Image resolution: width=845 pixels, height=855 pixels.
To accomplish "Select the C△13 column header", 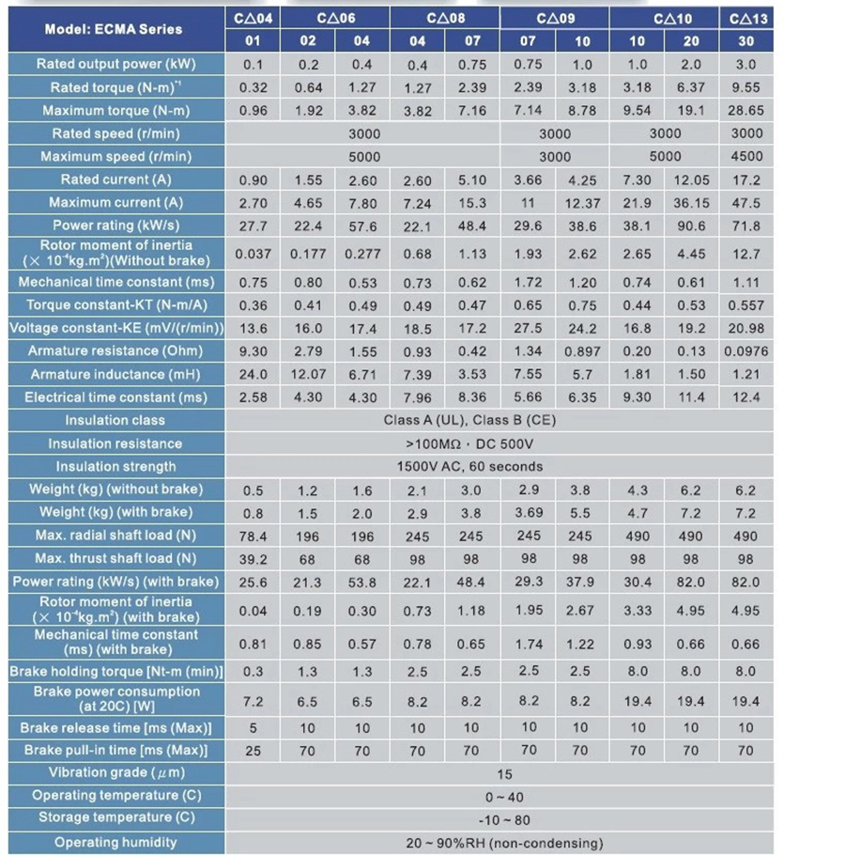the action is click(x=747, y=19).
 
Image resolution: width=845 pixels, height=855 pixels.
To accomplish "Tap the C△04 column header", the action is click(x=253, y=19).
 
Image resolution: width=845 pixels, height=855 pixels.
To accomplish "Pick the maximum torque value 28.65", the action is click(x=745, y=110).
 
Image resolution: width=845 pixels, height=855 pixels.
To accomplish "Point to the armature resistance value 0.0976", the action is click(x=745, y=351).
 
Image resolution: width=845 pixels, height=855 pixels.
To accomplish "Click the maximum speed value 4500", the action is click(x=746, y=157).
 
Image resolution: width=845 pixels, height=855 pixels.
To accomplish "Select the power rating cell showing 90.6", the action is click(x=691, y=225).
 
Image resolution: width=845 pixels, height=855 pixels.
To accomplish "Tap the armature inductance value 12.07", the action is click(x=308, y=374).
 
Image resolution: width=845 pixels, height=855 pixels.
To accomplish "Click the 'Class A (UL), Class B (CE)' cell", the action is click(x=469, y=420).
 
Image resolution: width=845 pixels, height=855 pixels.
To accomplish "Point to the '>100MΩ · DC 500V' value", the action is click(x=469, y=443).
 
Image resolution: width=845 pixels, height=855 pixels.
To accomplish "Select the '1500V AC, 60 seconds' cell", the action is click(x=469, y=467).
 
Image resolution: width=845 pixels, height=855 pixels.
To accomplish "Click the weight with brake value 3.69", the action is click(x=528, y=513).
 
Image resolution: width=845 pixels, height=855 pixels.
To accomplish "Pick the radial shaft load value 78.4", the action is click(x=253, y=536).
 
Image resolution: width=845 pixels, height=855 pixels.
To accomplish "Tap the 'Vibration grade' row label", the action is click(x=116, y=772).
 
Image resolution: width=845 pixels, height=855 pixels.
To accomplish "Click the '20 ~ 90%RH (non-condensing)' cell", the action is click(x=504, y=843).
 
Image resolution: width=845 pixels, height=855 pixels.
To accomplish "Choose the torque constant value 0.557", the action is click(x=745, y=305).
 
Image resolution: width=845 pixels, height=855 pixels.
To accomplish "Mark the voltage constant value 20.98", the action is click(x=745, y=328).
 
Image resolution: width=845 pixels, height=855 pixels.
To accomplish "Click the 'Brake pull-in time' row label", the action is click(x=116, y=751).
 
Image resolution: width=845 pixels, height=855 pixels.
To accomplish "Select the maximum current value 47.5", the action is click(x=745, y=203).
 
